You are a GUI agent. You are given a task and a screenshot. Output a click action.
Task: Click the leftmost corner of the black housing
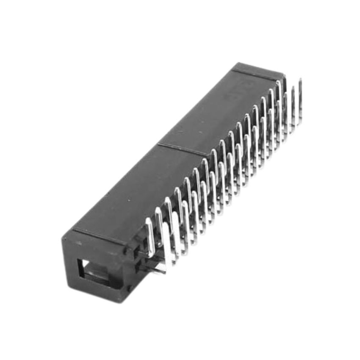(64, 239)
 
